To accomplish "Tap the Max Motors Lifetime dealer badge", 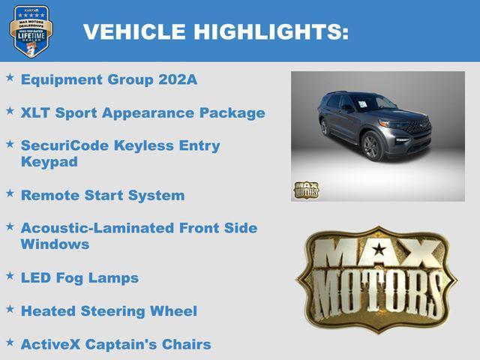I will [31, 31].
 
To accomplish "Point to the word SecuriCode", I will [66, 145].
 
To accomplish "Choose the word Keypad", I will [49, 161].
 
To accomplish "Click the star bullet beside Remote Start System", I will [10, 193].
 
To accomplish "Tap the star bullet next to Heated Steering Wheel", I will [10, 308].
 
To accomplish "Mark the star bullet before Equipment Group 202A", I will [10, 77].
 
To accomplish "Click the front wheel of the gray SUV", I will [372, 145].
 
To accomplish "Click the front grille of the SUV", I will [418, 127].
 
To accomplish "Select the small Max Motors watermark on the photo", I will [305, 190].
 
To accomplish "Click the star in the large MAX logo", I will [379, 249].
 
